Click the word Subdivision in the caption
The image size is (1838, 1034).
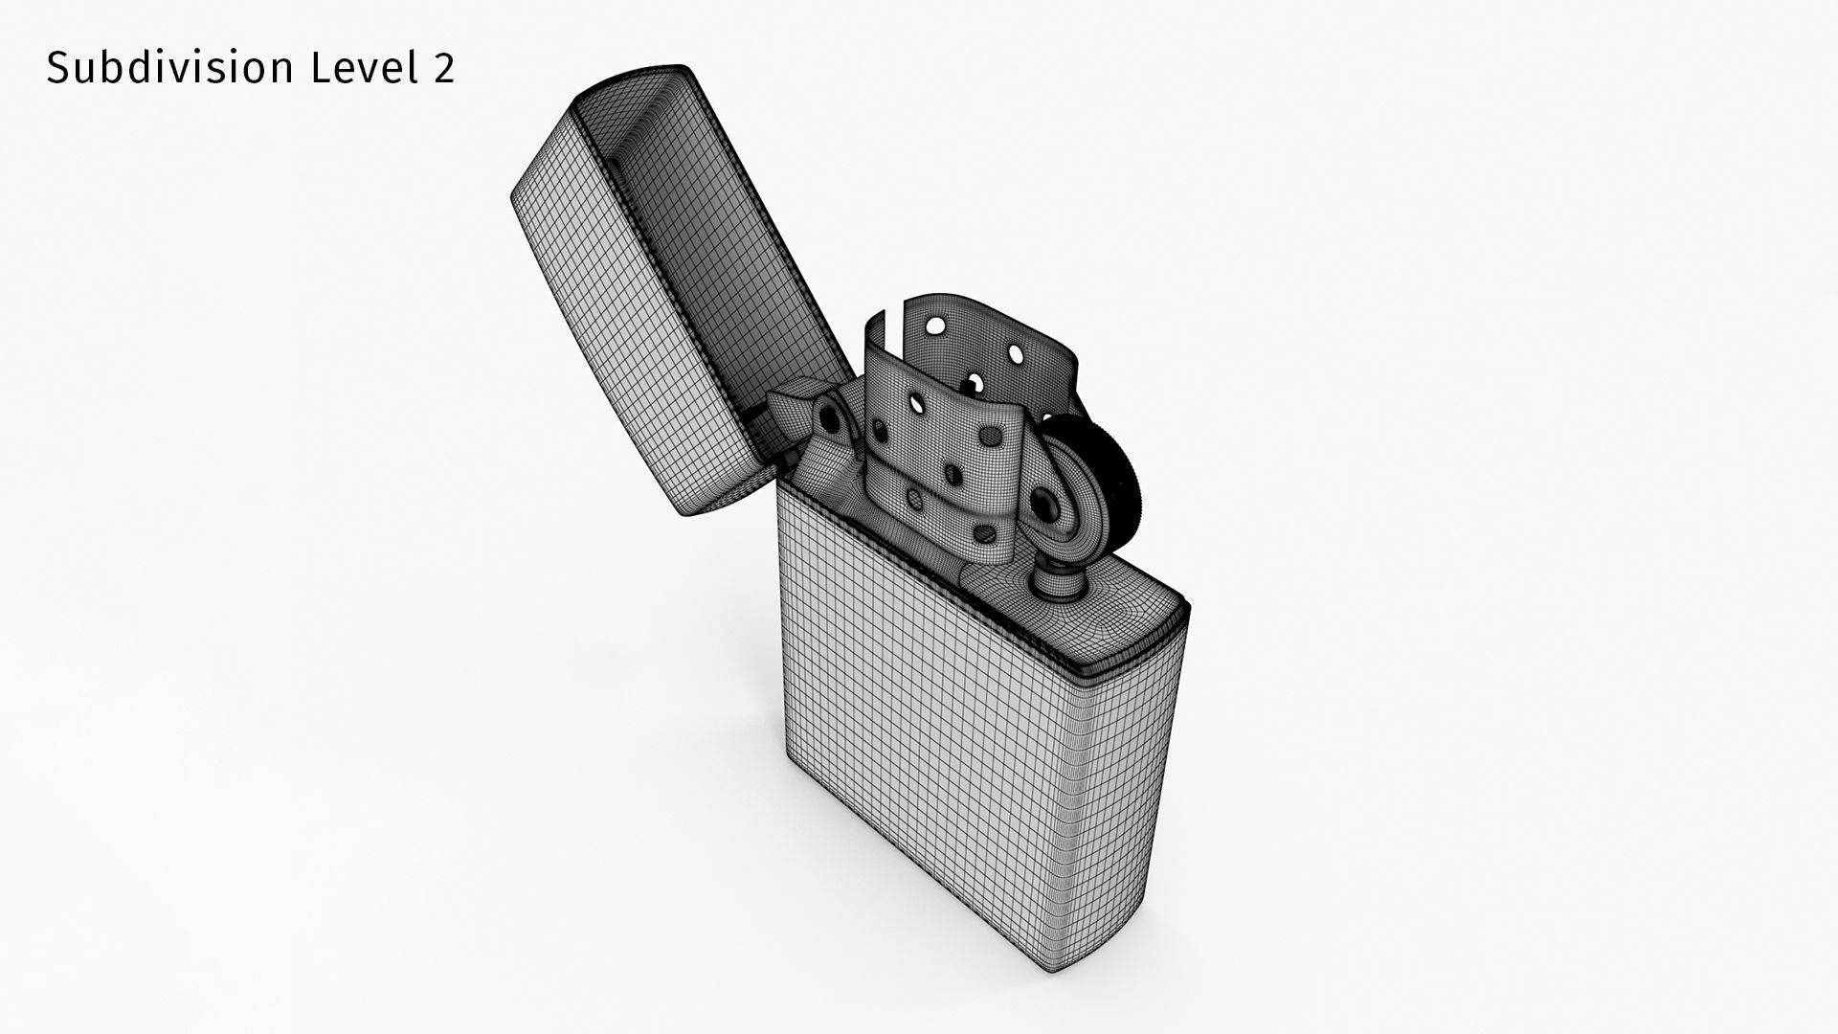169,68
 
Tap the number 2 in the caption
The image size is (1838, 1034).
442,68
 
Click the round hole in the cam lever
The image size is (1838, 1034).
829,418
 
